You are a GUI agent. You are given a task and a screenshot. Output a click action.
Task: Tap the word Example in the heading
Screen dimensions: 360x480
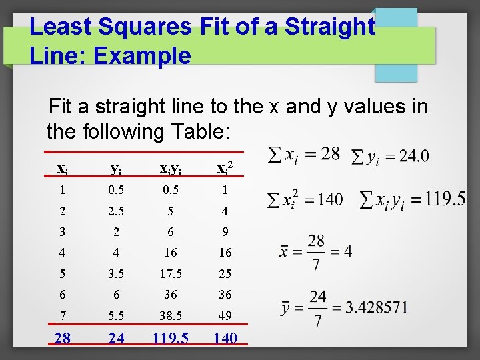[142, 55]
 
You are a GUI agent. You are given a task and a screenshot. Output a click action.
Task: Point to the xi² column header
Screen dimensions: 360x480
[225, 168]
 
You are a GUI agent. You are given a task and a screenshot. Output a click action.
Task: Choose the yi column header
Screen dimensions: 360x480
[117, 169]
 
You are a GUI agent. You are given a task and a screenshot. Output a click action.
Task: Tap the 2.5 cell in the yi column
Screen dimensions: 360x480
[117, 211]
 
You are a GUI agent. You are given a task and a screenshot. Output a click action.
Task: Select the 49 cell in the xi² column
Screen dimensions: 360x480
[225, 314]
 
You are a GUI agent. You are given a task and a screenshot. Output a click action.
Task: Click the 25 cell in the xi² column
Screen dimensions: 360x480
[225, 273]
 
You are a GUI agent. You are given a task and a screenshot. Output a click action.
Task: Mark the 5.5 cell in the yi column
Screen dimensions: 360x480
[117, 314]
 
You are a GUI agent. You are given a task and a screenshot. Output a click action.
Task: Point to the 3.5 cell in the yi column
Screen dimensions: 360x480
[117, 273]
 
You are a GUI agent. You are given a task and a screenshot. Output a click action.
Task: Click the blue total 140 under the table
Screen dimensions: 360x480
[225, 338]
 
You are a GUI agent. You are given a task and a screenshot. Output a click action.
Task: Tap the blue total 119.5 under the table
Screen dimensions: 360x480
[170, 338]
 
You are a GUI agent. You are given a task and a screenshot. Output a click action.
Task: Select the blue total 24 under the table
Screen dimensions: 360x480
[117, 338]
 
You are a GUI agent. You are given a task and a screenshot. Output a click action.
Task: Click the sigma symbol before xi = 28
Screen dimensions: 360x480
[273, 155]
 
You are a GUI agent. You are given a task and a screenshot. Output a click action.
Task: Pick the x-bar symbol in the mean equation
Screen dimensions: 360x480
[283, 253]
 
